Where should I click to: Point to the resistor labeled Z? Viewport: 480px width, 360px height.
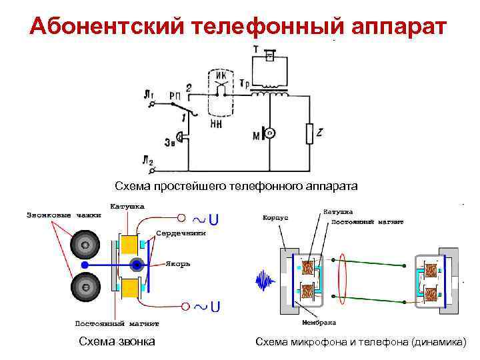[309, 133]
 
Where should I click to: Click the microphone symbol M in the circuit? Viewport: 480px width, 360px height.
[267, 133]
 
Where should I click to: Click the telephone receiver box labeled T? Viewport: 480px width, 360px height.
[269, 59]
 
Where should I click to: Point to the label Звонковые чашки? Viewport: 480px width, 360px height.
[64, 215]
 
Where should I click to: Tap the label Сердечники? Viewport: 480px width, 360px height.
[181, 233]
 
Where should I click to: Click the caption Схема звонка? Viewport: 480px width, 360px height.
[117, 341]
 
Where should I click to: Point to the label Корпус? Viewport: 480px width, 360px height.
[275, 217]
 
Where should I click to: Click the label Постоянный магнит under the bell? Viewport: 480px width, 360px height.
[117, 324]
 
